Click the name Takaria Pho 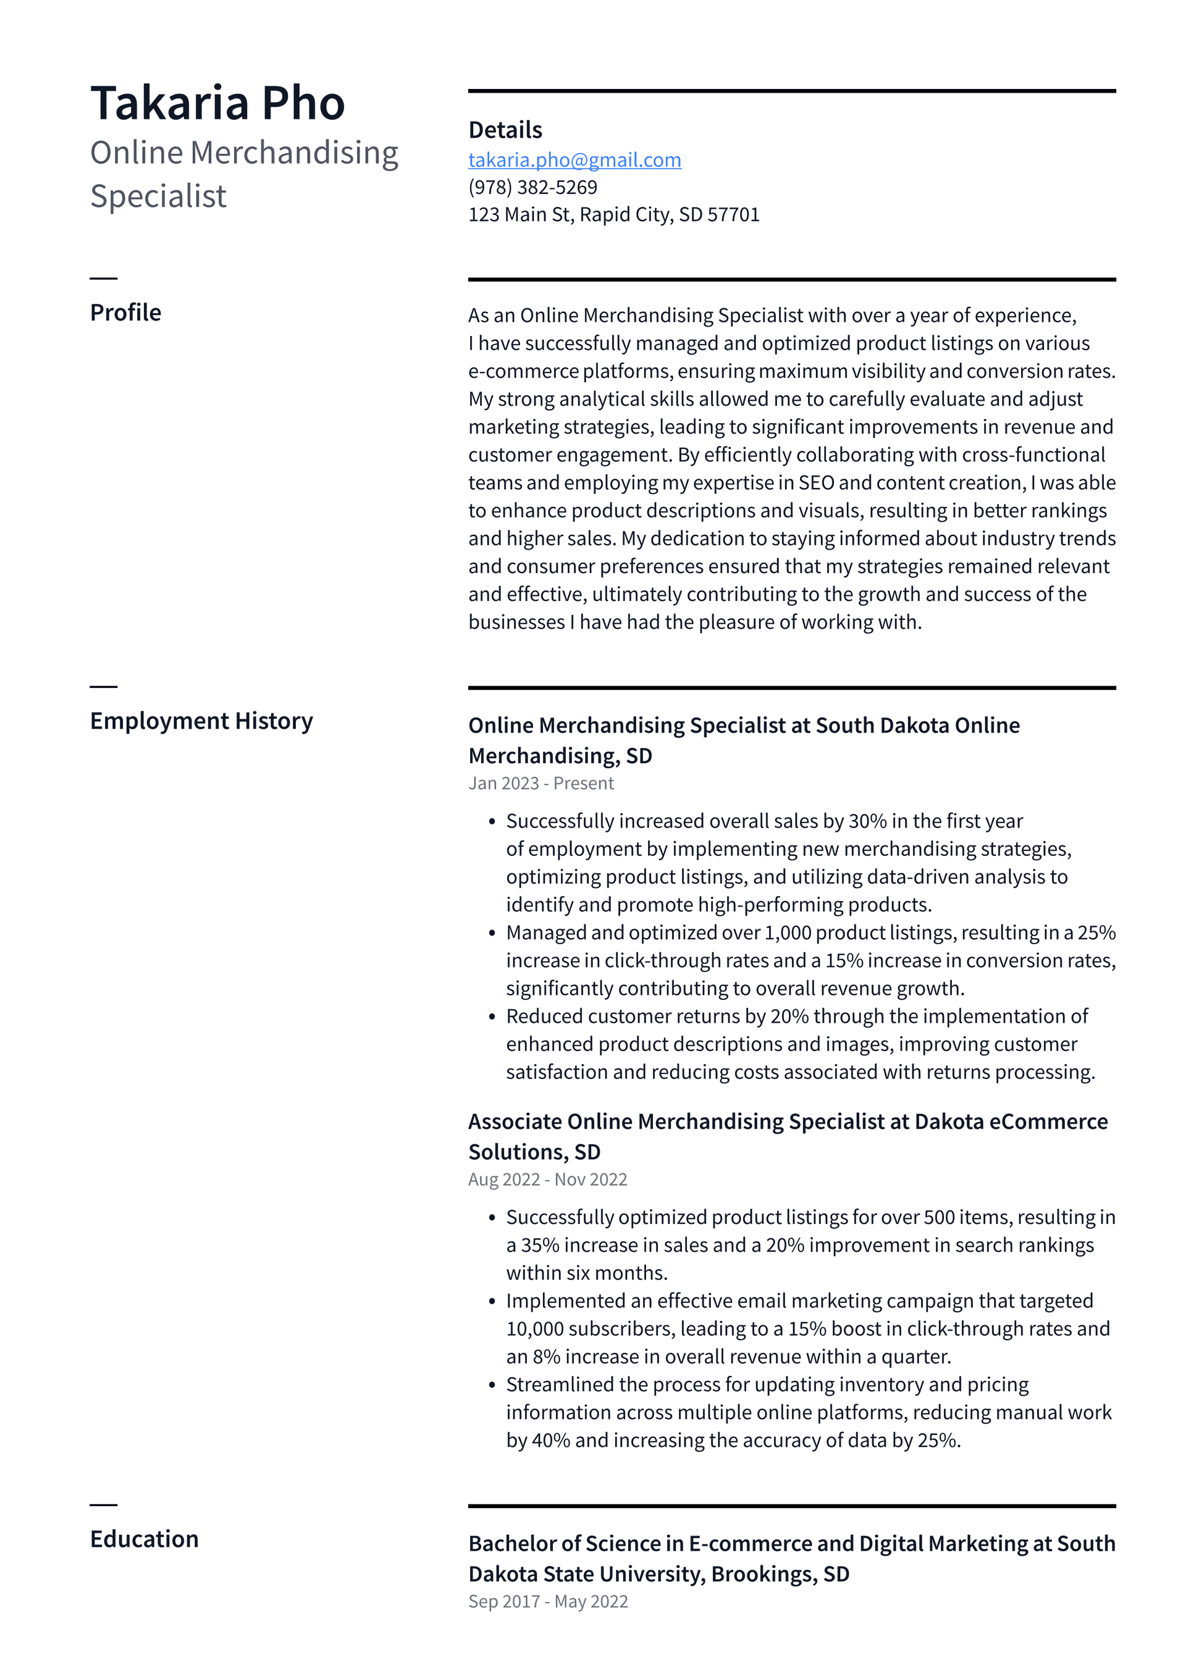pyautogui.click(x=217, y=103)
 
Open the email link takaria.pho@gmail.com pyautogui.click(x=574, y=160)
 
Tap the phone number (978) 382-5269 pyautogui.click(x=532, y=188)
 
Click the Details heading pyautogui.click(x=505, y=130)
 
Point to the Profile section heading pyautogui.click(x=125, y=312)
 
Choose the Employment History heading pyautogui.click(x=201, y=721)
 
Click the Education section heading pyautogui.click(x=144, y=1539)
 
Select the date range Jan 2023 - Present pyautogui.click(x=540, y=783)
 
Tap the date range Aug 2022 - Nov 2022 pyautogui.click(x=547, y=1179)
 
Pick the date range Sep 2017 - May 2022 pyautogui.click(x=548, y=1601)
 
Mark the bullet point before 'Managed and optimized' pyautogui.click(x=492, y=933)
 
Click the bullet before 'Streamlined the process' pyautogui.click(x=492, y=1385)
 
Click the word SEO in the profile pyautogui.click(x=816, y=482)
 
